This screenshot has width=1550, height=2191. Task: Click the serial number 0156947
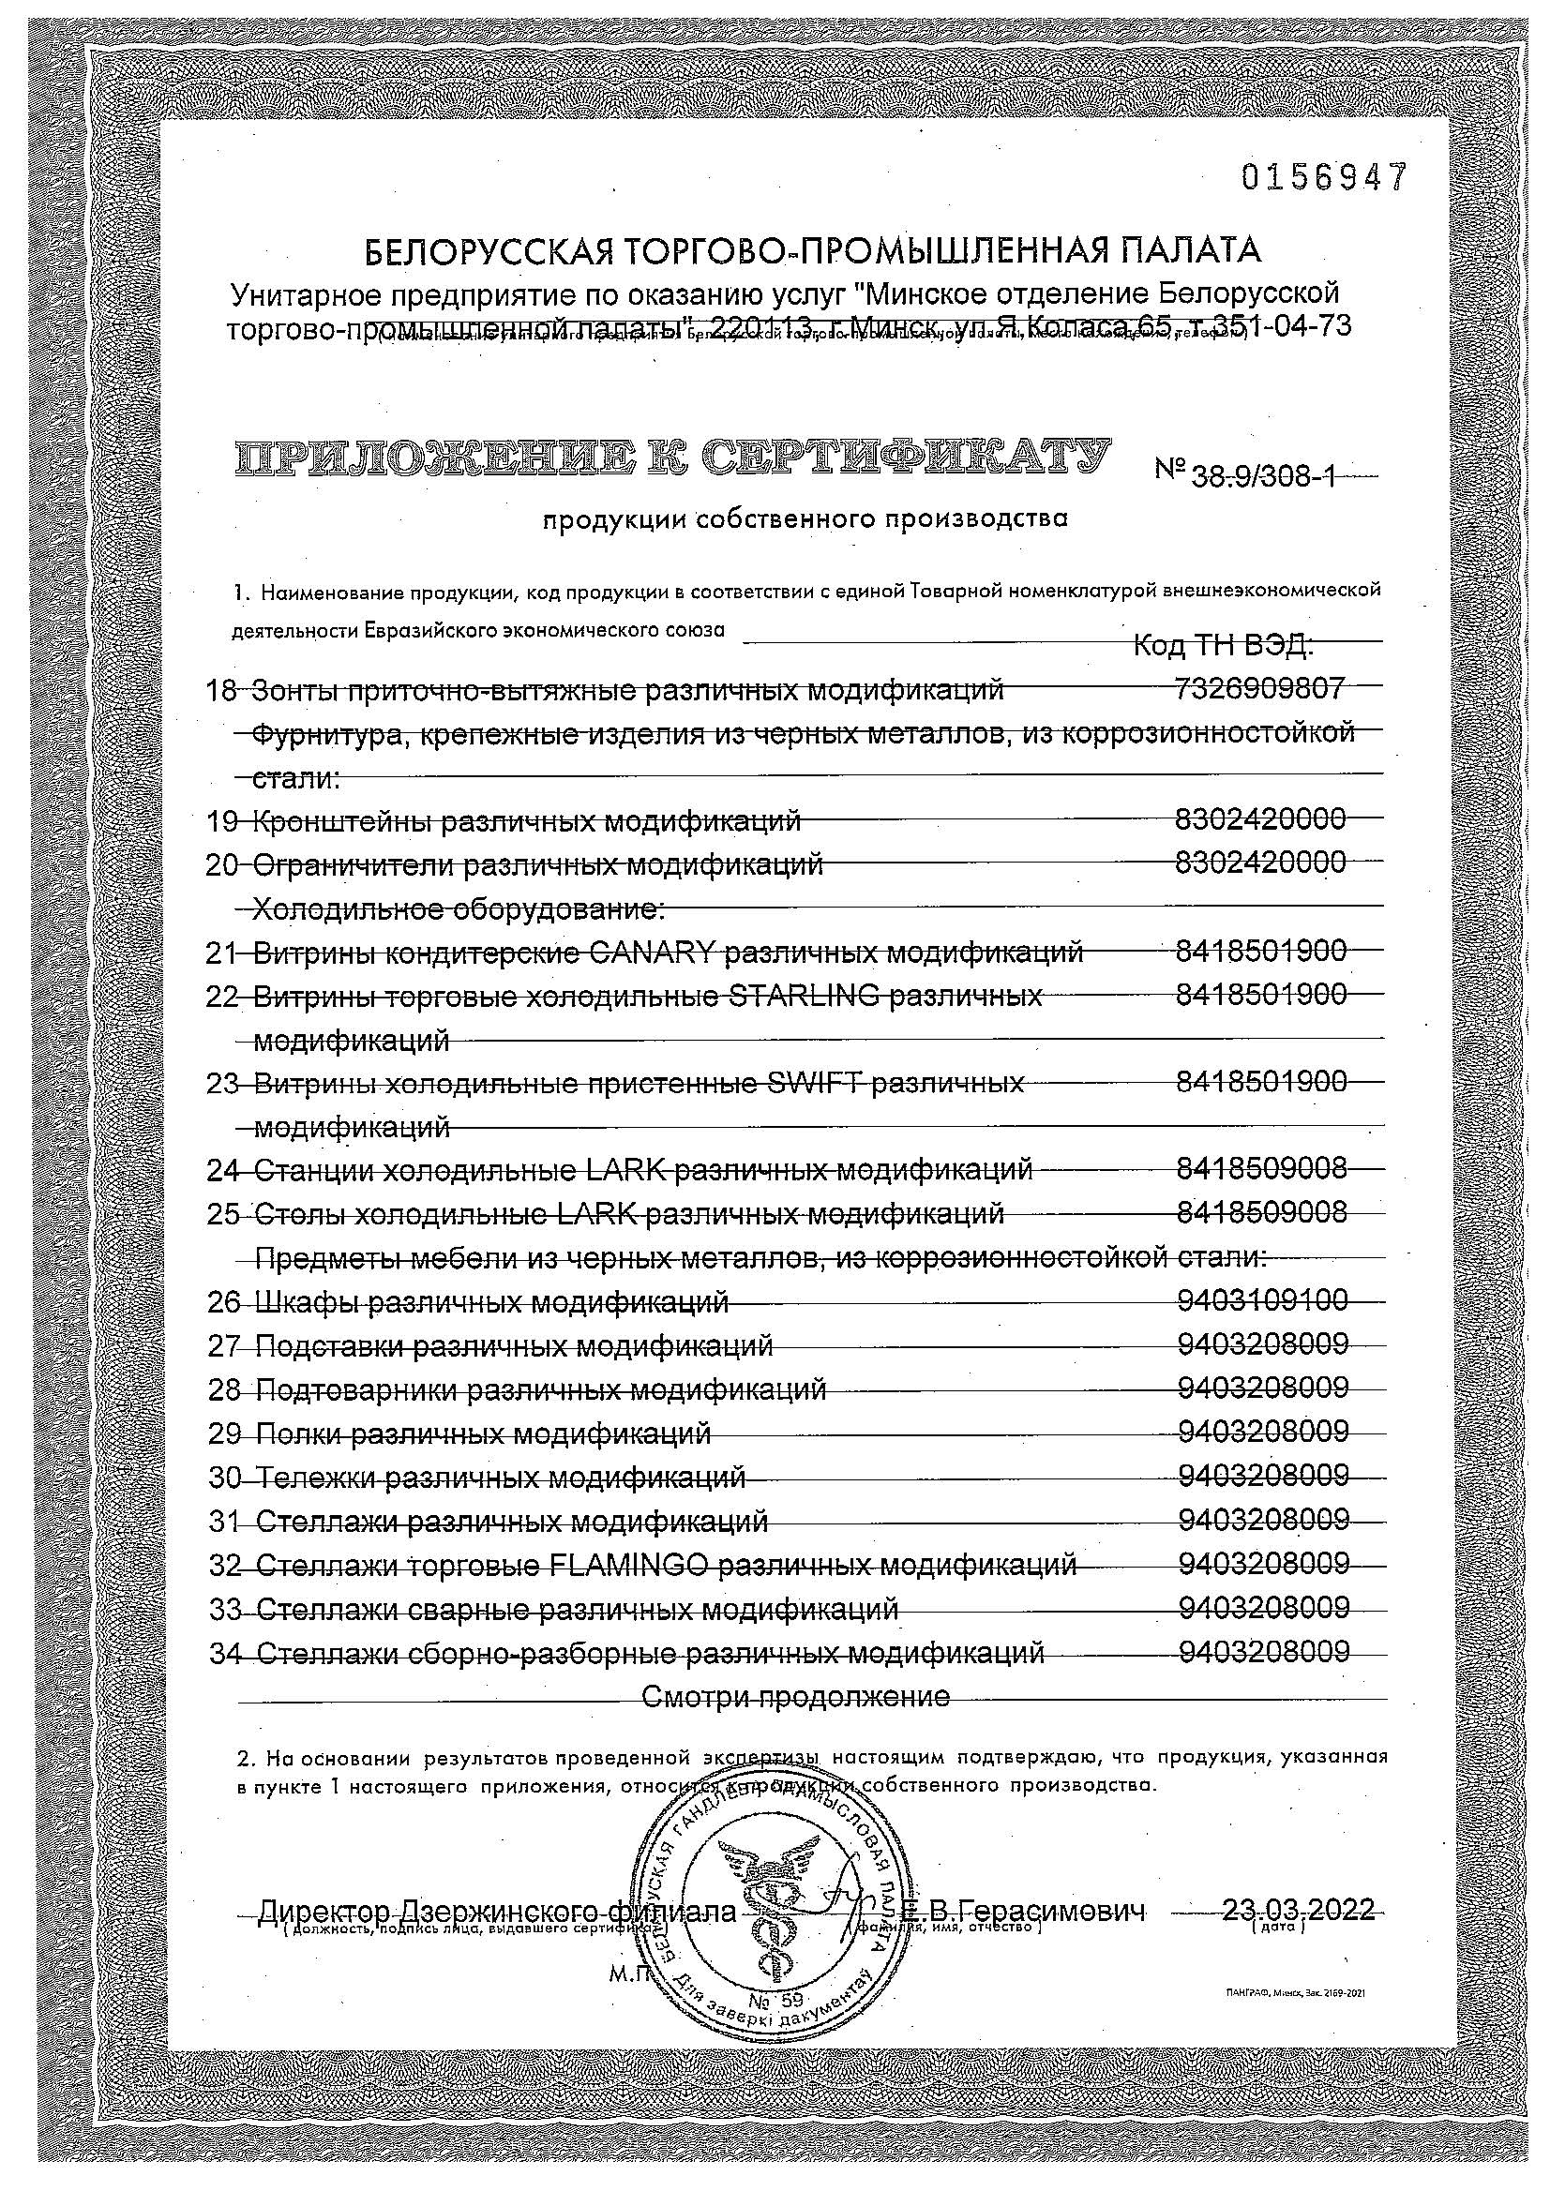(1324, 177)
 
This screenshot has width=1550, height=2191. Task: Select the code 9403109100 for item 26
(1263, 1299)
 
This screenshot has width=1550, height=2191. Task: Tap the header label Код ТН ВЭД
(1224, 646)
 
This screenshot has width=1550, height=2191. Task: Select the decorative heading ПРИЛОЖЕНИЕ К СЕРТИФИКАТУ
(670, 458)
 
